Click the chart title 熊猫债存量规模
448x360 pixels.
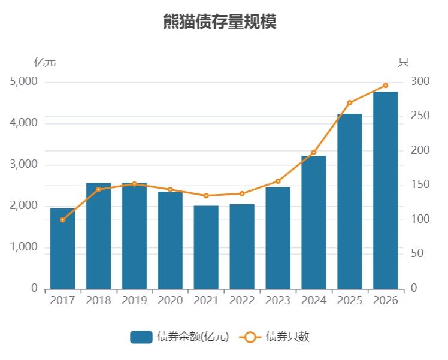[219, 22]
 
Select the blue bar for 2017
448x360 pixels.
[62, 249]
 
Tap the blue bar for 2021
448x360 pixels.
[206, 247]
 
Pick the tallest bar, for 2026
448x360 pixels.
[385, 190]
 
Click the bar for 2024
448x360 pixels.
[313, 222]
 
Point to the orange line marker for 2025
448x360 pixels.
[350, 103]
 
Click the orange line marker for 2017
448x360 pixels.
[62, 220]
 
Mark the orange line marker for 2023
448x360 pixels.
[278, 181]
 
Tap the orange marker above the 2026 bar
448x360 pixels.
[385, 86]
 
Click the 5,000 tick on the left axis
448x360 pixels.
[24, 81]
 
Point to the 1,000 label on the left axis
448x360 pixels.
[24, 247]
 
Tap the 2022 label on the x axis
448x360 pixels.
[242, 301]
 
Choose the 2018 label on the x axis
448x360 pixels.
[98, 301]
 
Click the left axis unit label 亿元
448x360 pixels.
[45, 62]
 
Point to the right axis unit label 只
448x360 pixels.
[403, 62]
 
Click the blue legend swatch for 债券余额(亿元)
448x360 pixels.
[141, 337]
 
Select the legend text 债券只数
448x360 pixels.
[287, 337]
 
